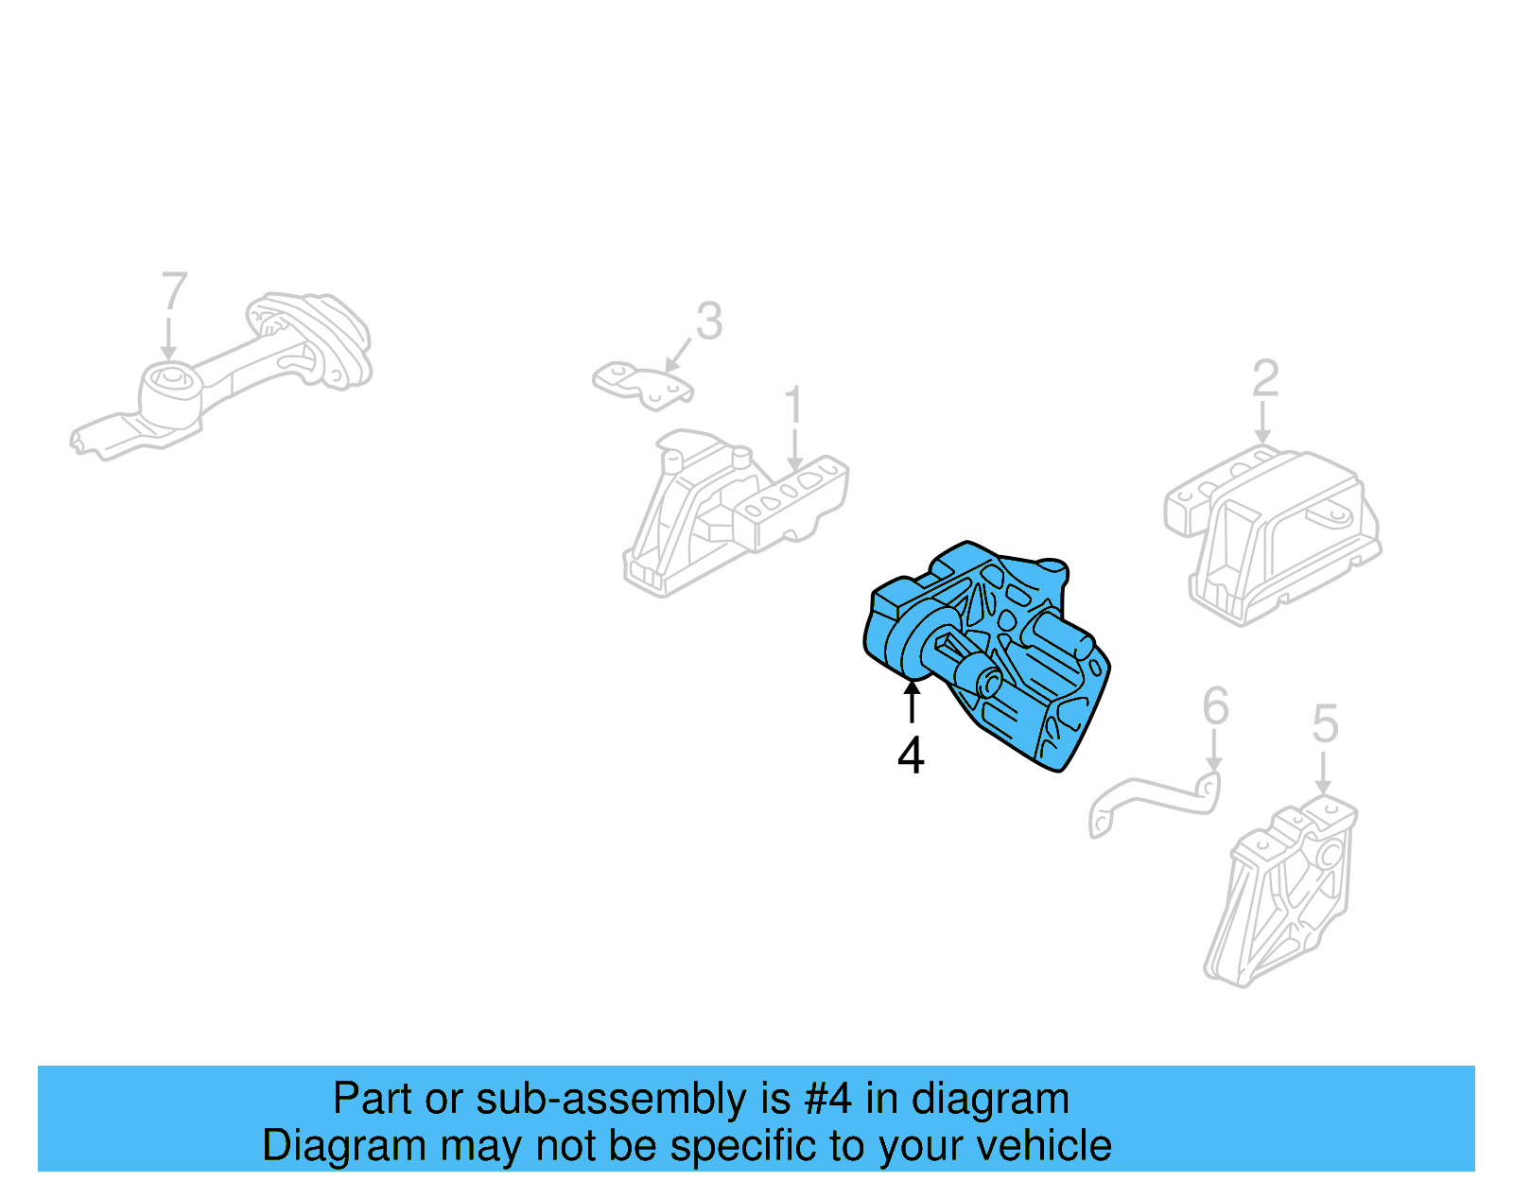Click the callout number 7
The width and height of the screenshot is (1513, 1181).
click(x=175, y=291)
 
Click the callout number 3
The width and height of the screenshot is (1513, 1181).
click(x=709, y=321)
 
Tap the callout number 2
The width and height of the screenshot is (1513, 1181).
click(x=1265, y=379)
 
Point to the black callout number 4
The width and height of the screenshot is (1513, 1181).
click(x=911, y=756)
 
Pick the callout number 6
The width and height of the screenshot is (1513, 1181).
click(x=1215, y=706)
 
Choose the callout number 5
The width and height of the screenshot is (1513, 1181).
click(x=1326, y=724)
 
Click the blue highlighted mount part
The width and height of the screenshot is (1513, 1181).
click(x=993, y=652)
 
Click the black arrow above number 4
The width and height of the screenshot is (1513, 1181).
click(x=912, y=702)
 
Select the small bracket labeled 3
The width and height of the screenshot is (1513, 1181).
click(x=643, y=384)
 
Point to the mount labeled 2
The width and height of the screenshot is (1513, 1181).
click(x=1272, y=530)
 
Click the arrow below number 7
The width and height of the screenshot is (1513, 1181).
click(x=169, y=339)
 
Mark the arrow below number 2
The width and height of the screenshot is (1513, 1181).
click(x=1262, y=423)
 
